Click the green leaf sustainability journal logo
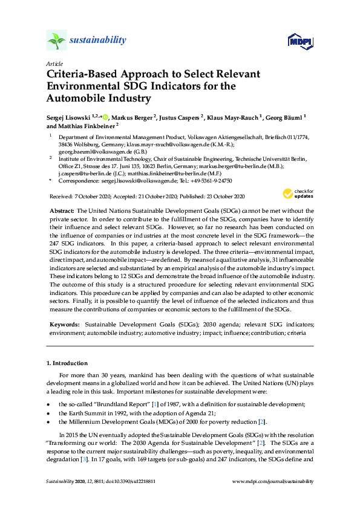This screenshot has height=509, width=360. [x=56, y=41]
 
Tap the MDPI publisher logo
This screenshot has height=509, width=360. [x=299, y=41]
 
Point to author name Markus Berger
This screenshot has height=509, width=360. [x=132, y=117]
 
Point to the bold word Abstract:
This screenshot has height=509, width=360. [x=61, y=209]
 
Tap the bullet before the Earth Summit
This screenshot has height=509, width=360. [x=48, y=413]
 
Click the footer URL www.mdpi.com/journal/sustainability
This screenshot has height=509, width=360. [x=273, y=481]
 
